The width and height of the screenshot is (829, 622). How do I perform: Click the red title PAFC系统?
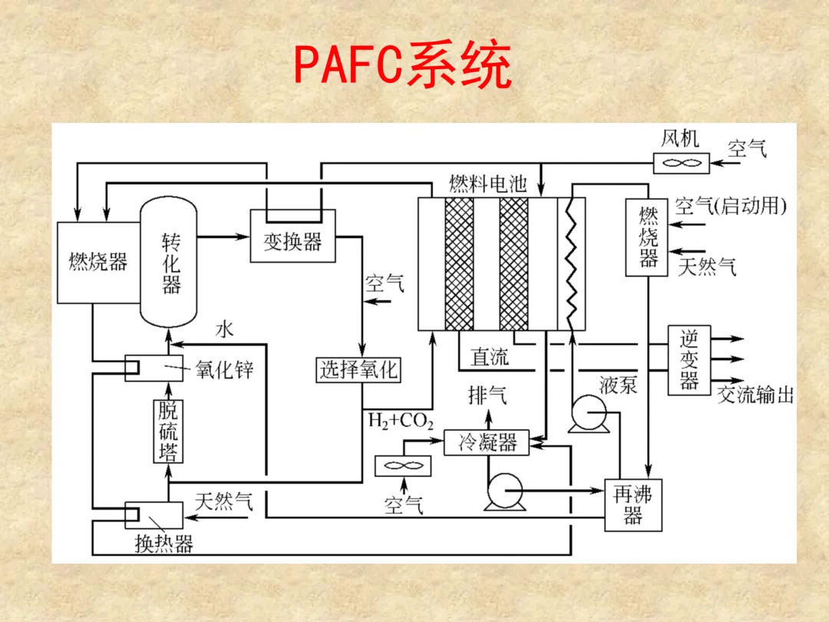(403, 68)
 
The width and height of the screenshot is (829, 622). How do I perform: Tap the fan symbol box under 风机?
(680, 163)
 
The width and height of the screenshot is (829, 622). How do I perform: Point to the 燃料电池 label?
(487, 184)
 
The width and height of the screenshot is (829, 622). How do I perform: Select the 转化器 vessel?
(170, 261)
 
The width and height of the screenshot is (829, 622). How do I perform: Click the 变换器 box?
(292, 241)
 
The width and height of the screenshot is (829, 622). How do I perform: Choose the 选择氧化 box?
(358, 370)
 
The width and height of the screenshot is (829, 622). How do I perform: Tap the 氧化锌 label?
(224, 369)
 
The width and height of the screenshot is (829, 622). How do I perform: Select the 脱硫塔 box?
(168, 432)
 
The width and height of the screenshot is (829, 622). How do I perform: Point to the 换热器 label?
(163, 544)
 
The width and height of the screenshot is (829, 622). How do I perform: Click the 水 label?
(224, 330)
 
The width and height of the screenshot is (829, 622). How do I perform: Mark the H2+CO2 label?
(401, 421)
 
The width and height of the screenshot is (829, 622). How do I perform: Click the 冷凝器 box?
(487, 442)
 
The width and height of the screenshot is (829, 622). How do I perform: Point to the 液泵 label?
(619, 385)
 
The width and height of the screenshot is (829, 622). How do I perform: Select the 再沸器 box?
(632, 505)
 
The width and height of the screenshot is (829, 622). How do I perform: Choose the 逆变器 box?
(689, 360)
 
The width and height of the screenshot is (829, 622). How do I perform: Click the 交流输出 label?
(755, 395)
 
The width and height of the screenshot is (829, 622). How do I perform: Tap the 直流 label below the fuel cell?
(490, 357)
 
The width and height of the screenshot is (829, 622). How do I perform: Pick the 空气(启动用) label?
(731, 206)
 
